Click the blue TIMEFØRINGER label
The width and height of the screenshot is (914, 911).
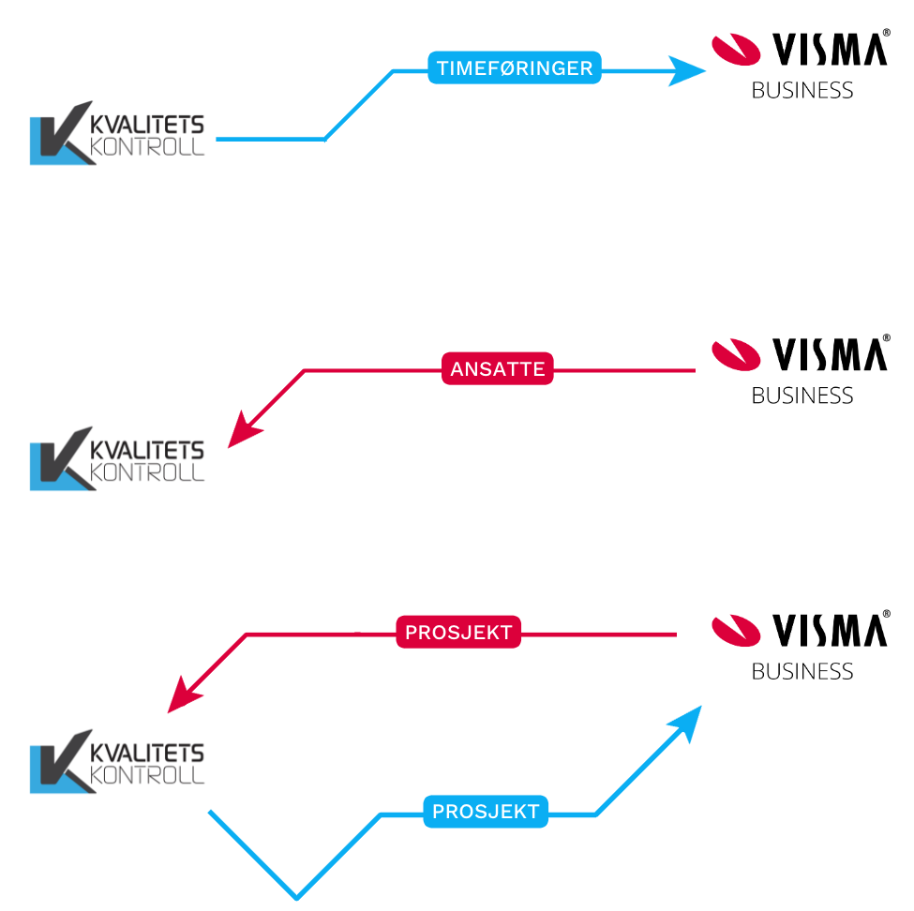click(x=515, y=68)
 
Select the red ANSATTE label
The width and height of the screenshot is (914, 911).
click(x=498, y=369)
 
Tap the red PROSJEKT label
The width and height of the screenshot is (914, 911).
click(x=458, y=633)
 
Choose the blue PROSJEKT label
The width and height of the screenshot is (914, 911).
click(x=486, y=812)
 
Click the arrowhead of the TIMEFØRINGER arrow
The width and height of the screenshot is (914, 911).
click(x=688, y=70)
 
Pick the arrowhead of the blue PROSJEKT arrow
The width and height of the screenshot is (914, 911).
click(x=689, y=721)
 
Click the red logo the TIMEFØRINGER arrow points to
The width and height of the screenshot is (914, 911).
click(x=736, y=50)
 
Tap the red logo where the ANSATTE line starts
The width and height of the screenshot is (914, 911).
click(x=736, y=354)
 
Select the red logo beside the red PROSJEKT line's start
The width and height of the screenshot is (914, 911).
click(x=736, y=630)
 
